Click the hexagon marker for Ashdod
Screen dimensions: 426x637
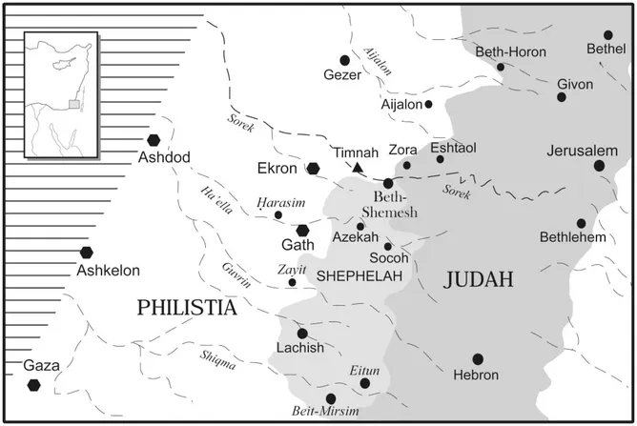[x=154, y=140]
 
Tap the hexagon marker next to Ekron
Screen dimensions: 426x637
[x=313, y=168]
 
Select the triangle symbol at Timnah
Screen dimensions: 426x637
[x=358, y=168]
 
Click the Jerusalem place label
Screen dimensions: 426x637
[x=582, y=151]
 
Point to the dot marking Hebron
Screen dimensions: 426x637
[x=478, y=359]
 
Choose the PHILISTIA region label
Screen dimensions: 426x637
[x=185, y=307]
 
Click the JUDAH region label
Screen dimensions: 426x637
[x=478, y=278]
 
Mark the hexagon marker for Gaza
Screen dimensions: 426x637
[x=34, y=384]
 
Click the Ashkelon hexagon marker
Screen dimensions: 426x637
[x=87, y=253]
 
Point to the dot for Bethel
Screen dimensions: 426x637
[x=608, y=34]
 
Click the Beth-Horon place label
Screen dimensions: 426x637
[x=511, y=51]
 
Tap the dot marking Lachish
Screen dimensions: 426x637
[x=302, y=334]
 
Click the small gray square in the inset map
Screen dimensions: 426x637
[x=72, y=104]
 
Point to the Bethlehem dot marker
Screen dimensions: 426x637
[x=581, y=223]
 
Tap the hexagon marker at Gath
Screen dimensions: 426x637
[x=302, y=230]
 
